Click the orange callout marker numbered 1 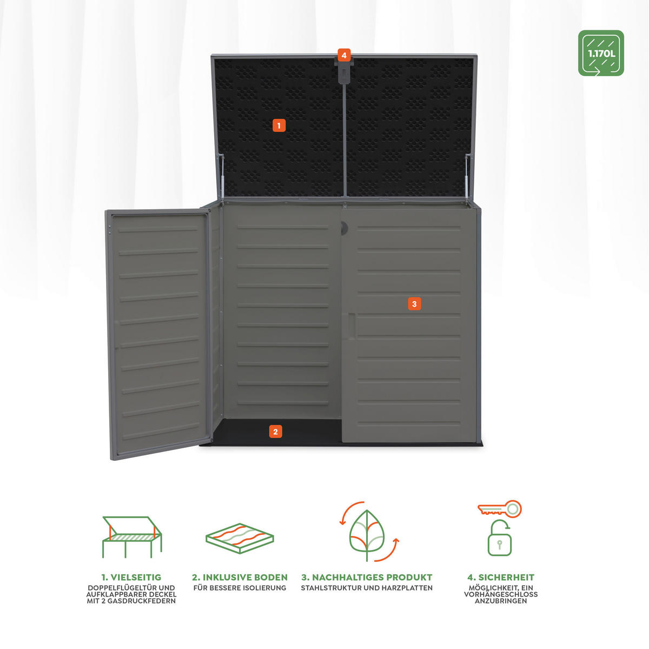(x=279, y=125)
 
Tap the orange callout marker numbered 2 (x=275, y=432)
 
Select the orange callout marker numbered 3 (x=414, y=304)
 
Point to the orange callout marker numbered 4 (x=344, y=55)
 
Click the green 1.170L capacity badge (x=601, y=53)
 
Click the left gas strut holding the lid (x=221, y=176)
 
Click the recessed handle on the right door (x=350, y=326)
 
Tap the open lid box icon (x=132, y=537)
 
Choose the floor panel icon (x=240, y=538)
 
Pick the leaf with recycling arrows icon (x=367, y=535)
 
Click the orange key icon (x=500, y=509)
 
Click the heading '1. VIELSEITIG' (x=131, y=578)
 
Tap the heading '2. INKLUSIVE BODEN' (x=240, y=578)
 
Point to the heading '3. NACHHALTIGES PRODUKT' (x=367, y=578)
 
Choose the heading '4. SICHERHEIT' (x=500, y=578)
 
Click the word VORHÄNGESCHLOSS (x=501, y=594)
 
